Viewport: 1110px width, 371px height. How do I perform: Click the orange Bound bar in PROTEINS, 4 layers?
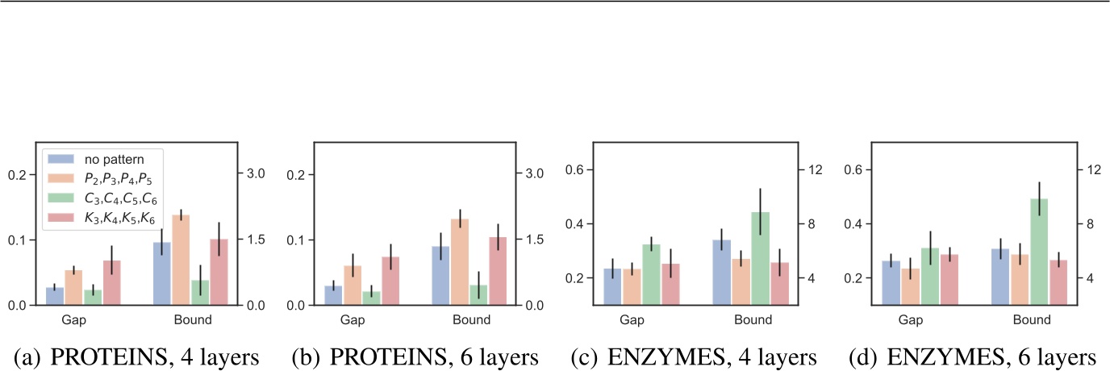(182, 261)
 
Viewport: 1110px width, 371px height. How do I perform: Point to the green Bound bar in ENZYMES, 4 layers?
(760, 259)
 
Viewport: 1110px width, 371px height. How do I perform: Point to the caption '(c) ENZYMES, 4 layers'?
(691, 356)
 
